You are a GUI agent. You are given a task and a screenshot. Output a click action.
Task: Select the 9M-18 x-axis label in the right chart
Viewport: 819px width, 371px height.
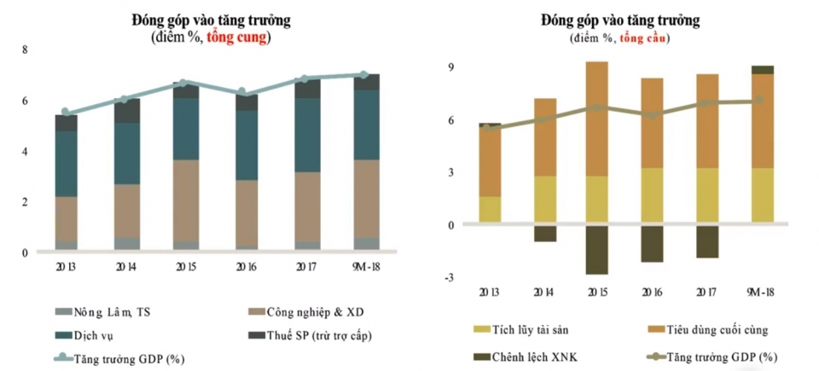[x=762, y=293]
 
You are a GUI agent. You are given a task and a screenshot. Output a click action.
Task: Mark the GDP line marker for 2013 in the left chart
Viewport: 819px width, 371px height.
[x=66, y=113]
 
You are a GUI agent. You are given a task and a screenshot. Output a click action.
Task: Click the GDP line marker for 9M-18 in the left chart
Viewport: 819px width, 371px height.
[x=364, y=75]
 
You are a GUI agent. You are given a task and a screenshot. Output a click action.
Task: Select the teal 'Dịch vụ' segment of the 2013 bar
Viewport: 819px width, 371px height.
[x=66, y=164]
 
